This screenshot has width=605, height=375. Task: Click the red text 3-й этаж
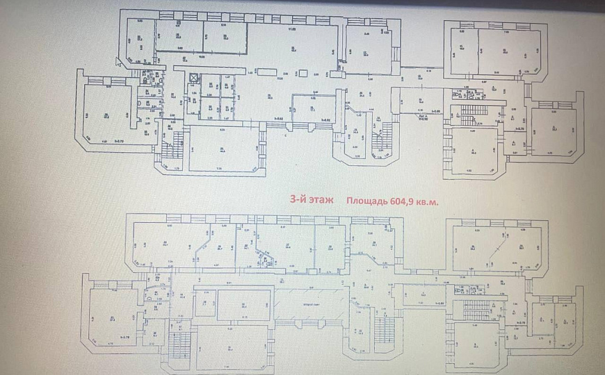(311, 199)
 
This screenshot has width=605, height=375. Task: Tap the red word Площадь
(366, 200)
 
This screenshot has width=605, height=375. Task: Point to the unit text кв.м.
(432, 200)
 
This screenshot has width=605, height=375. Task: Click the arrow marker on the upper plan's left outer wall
(119, 65)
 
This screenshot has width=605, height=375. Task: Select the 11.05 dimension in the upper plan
(293, 29)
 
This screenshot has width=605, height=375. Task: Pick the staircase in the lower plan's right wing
(475, 308)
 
